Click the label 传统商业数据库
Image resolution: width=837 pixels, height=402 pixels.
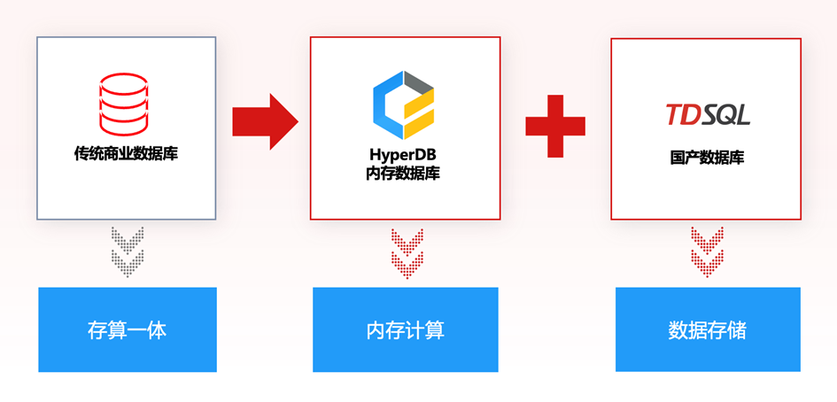click(x=126, y=153)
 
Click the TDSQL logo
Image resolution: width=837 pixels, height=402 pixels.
click(x=707, y=114)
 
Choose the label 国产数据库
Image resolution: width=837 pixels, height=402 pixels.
click(x=707, y=158)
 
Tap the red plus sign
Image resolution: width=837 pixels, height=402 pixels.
click(x=555, y=121)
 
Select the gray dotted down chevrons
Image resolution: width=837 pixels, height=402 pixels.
click(x=127, y=251)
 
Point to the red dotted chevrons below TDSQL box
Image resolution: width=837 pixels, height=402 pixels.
click(x=707, y=251)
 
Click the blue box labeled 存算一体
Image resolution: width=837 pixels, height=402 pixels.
click(x=127, y=330)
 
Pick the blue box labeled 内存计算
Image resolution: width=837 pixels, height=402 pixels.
click(x=405, y=330)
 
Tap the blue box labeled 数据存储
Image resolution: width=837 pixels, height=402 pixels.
click(x=707, y=330)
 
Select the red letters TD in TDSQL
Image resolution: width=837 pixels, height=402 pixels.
click(x=681, y=114)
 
